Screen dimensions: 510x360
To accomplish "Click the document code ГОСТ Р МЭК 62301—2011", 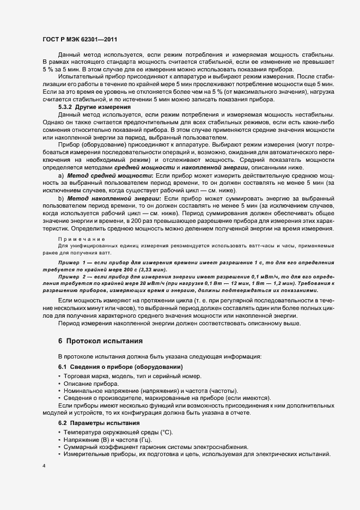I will tap(79, 40).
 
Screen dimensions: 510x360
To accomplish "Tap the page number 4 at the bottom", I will tap(44, 466).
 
